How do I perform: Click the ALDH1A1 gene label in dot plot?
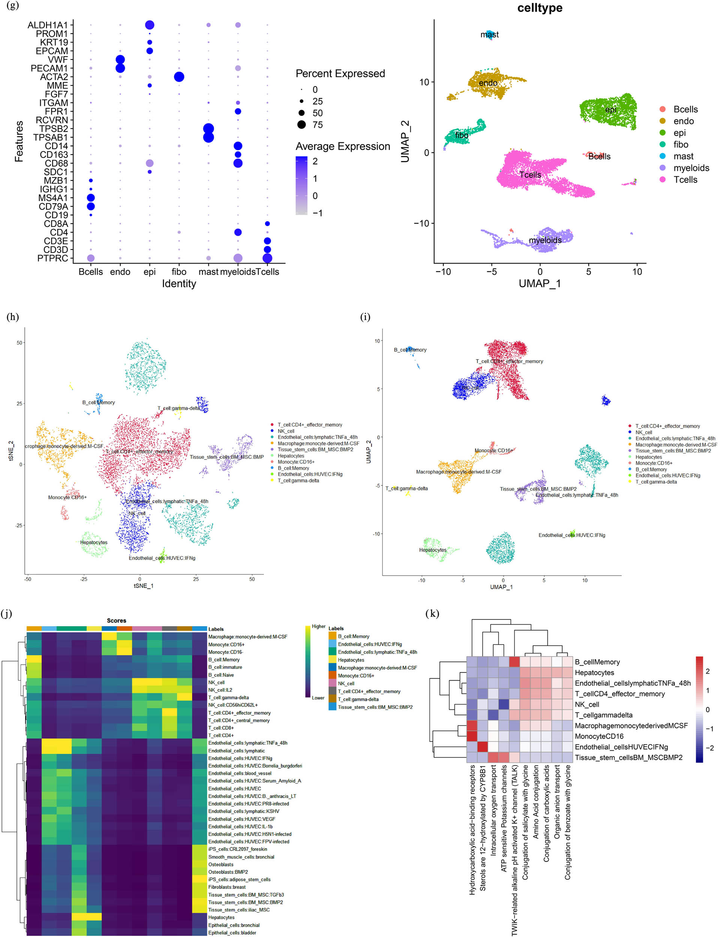tap(48, 25)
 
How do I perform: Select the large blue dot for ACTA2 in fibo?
tap(179, 77)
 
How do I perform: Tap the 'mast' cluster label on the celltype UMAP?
tap(489, 35)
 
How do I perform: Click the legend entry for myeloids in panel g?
tap(691, 168)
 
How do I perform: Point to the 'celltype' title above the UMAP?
tap(540, 8)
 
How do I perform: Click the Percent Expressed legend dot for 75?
tap(302, 125)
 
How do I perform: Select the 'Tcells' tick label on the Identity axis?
tap(267, 272)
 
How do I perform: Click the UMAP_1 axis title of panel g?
tap(540, 283)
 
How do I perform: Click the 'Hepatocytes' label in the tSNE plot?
tap(94, 542)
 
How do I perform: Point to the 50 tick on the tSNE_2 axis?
tap(19, 343)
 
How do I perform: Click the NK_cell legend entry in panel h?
tap(286, 431)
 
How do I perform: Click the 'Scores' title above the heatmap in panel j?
tap(117, 620)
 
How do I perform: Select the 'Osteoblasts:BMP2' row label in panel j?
tap(228, 872)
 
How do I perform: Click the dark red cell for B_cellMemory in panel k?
tap(514, 662)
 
